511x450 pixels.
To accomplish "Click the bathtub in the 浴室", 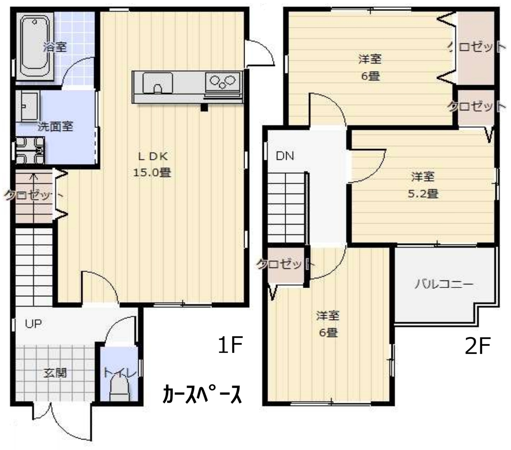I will click(34, 46).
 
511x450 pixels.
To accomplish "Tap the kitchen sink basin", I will click(158, 83).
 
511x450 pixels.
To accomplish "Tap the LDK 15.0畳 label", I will click(152, 164).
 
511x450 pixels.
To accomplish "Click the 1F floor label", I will click(230, 345).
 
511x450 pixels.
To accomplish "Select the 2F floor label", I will click(477, 346).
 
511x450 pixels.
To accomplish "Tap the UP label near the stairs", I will click(33, 323).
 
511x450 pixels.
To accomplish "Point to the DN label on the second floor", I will click(285, 156).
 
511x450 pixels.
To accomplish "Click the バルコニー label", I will click(444, 284).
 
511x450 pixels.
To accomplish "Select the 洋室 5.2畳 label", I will click(423, 185).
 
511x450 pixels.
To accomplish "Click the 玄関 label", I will click(55, 373).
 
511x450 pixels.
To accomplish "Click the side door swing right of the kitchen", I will click(260, 53).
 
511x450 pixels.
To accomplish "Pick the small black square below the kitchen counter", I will click(204, 107).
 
